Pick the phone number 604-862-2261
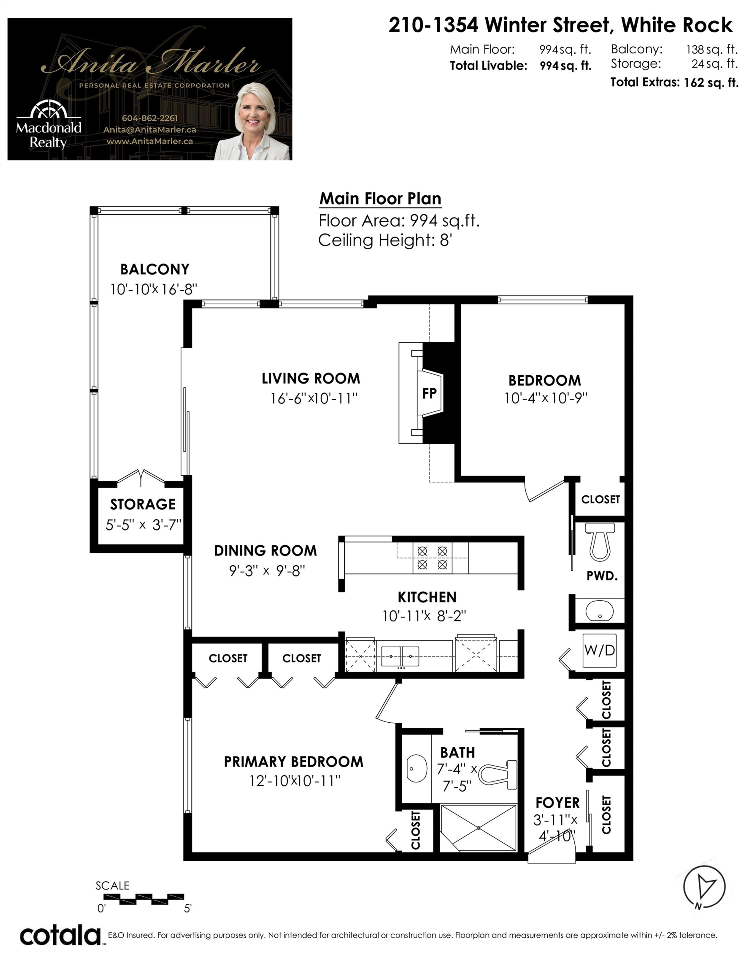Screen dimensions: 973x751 tap(150, 118)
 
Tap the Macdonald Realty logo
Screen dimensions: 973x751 tap(49, 125)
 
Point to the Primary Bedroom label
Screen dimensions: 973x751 tap(293, 762)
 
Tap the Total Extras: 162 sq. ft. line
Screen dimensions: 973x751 tap(674, 82)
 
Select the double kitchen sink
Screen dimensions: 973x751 tap(400, 656)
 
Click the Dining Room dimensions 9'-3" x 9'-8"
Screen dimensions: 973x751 tap(267, 571)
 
